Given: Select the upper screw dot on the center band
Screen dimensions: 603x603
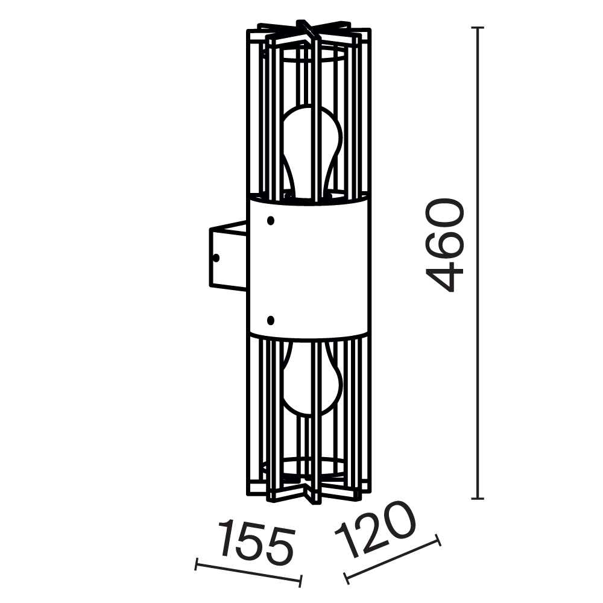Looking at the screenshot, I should click(x=270, y=221).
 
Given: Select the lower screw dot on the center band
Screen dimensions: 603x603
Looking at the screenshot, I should click(x=270, y=319).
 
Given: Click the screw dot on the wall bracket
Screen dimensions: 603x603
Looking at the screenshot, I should click(x=216, y=257).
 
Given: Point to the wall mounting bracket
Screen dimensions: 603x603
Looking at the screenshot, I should click(x=228, y=256).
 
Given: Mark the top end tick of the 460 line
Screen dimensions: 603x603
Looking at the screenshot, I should click(x=478, y=28).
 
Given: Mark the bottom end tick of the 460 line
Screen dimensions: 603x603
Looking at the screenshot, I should click(x=478, y=499).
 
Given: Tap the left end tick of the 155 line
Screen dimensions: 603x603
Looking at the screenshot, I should click(x=197, y=565).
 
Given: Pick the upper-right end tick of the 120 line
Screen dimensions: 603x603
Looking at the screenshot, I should click(x=438, y=540).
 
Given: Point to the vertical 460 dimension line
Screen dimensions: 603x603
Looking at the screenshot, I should click(x=478, y=362).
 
